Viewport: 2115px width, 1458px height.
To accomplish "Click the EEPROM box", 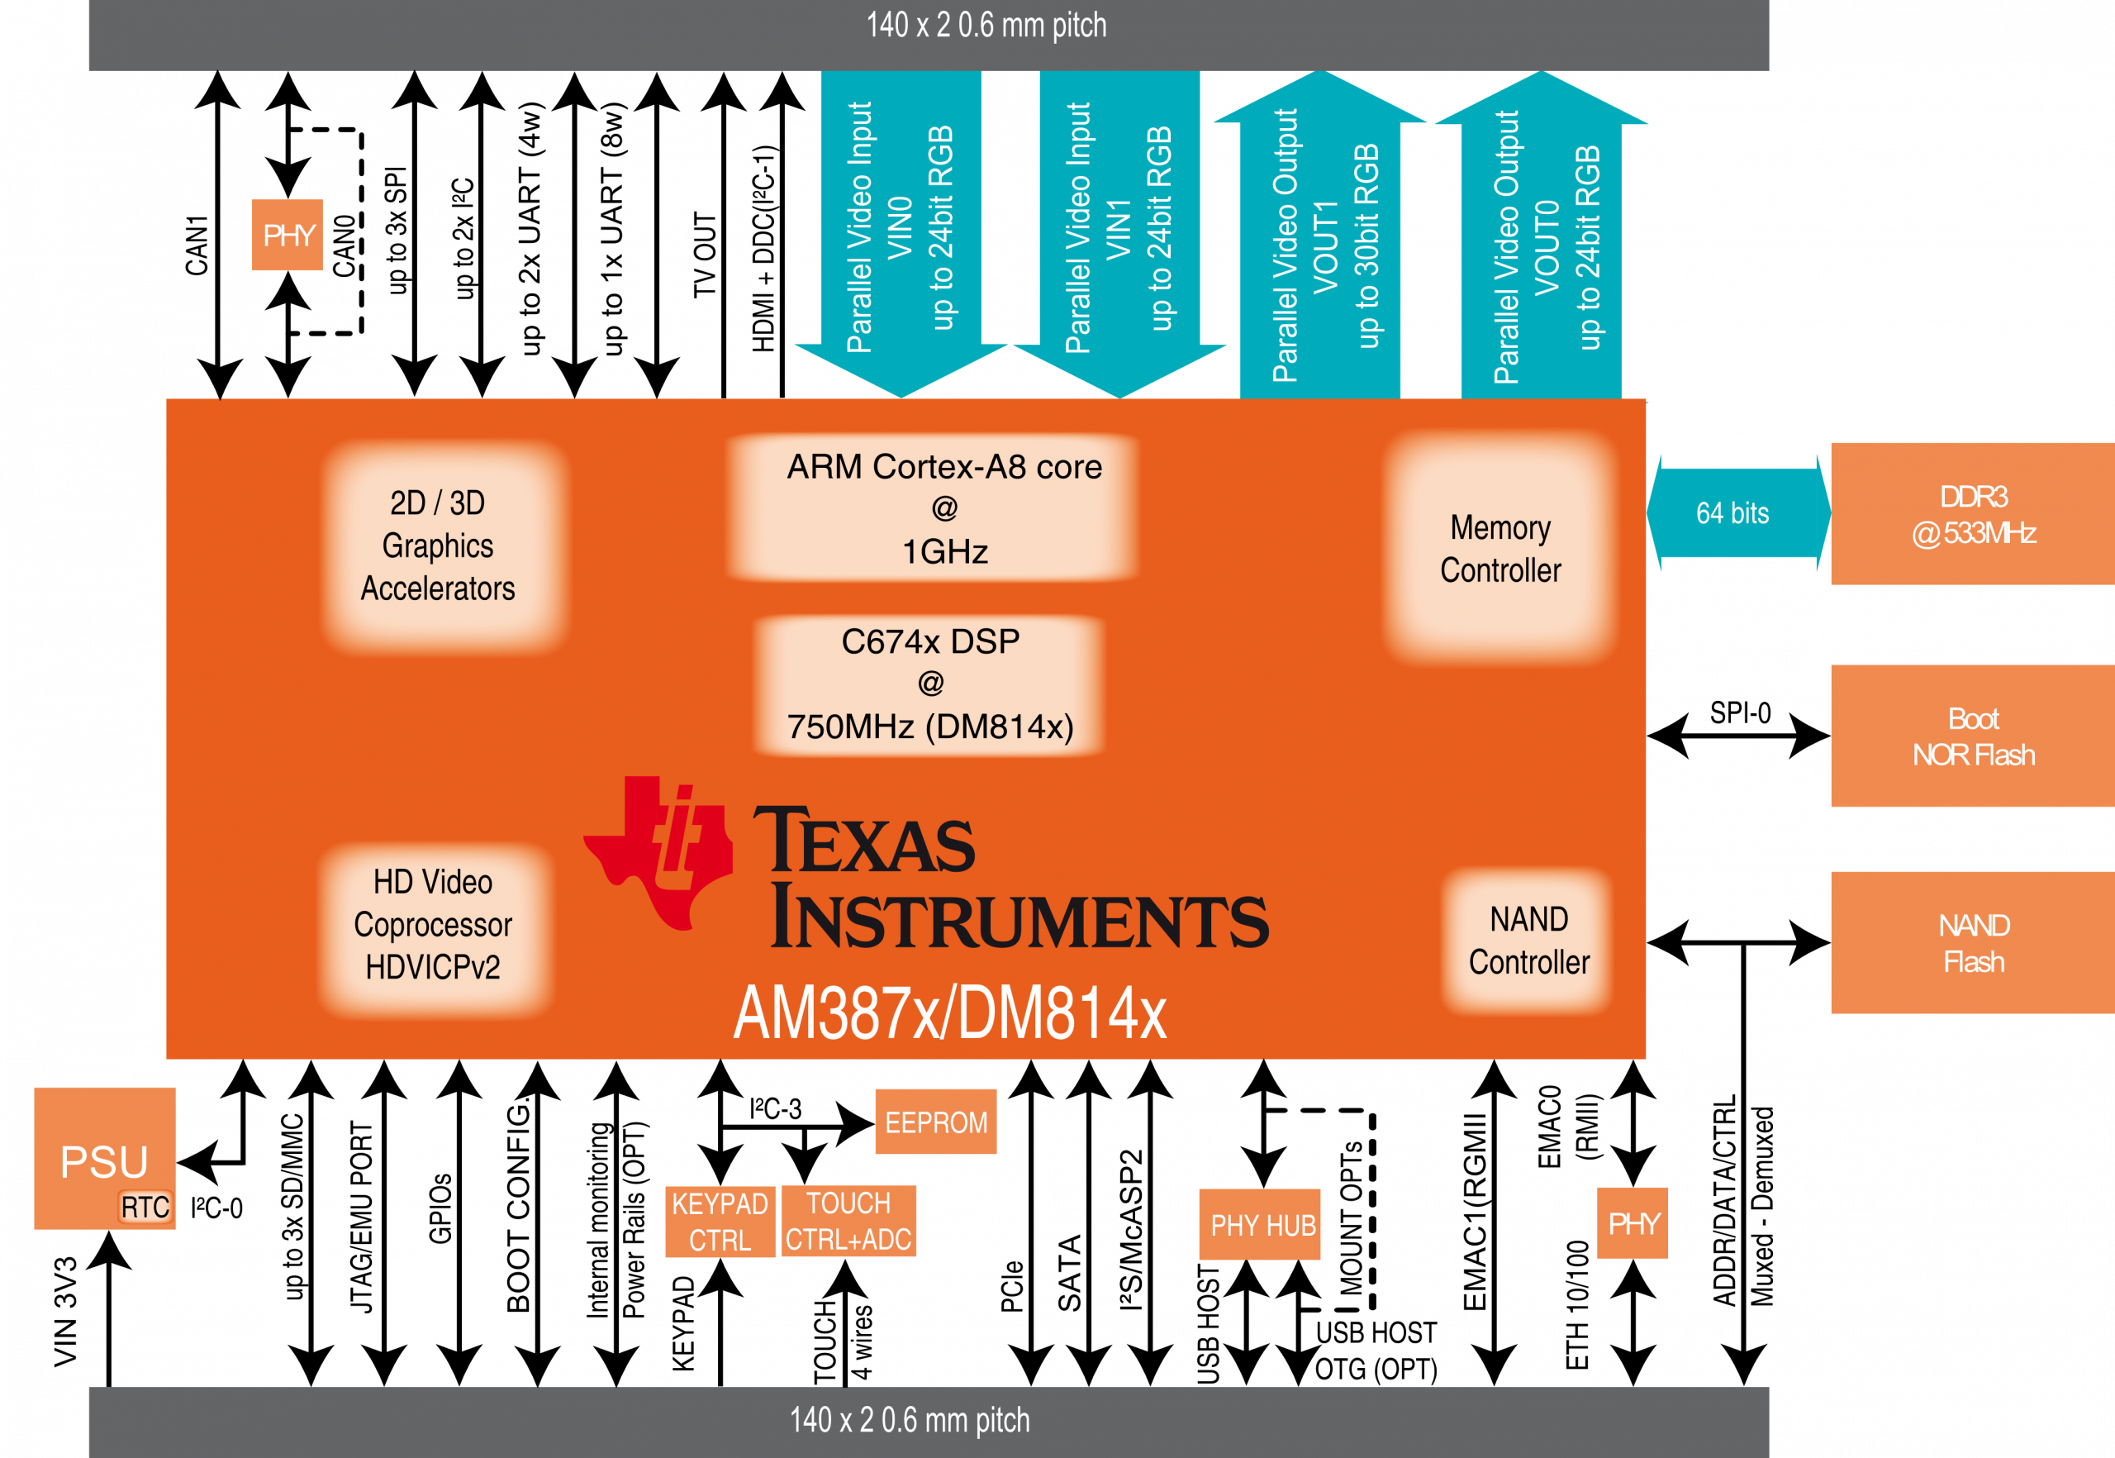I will click(x=935, y=1122).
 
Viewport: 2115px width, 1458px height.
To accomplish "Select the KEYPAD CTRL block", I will click(x=720, y=1222).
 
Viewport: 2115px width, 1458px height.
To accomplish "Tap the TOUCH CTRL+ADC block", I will click(x=848, y=1222).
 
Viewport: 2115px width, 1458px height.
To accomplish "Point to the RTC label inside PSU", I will click(x=145, y=1208).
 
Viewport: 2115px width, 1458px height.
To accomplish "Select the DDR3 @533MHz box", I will click(x=1973, y=513).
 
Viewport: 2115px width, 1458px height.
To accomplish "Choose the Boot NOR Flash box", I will click(x=1973, y=736).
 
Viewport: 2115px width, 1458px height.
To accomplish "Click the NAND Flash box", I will click(x=1973, y=943).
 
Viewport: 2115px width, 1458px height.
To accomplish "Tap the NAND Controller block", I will click(x=1528, y=941).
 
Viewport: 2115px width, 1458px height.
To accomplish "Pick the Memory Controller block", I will click(x=1500, y=548).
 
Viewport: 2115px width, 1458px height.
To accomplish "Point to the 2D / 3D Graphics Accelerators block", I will click(x=439, y=546).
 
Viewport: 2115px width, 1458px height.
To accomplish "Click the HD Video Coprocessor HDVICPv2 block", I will click(x=433, y=925).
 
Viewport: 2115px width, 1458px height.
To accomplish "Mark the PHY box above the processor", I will click(x=288, y=235).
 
